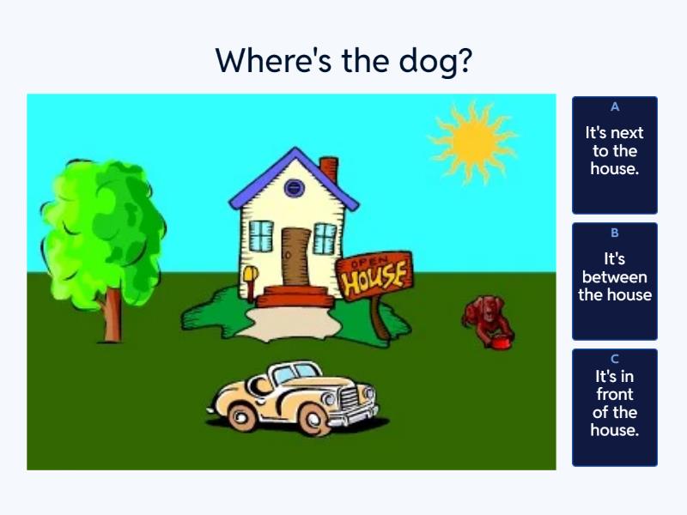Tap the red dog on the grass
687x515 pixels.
pyautogui.click(x=486, y=319)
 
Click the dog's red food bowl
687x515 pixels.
pyautogui.click(x=502, y=342)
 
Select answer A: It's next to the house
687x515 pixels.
pyautogui.click(x=615, y=155)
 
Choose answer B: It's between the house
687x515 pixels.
pyautogui.click(x=615, y=282)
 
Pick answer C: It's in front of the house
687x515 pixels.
pyautogui.click(x=615, y=407)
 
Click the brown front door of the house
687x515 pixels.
pyautogui.click(x=295, y=257)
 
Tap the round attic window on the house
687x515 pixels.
pyautogui.click(x=295, y=188)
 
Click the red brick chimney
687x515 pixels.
pyautogui.click(x=330, y=168)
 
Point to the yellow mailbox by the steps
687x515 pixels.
pyautogui.click(x=251, y=281)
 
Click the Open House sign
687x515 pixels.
pyautogui.click(x=375, y=276)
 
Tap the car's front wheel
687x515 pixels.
pyautogui.click(x=313, y=419)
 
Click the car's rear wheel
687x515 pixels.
pyautogui.click(x=241, y=416)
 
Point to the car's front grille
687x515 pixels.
pyautogui.click(x=350, y=399)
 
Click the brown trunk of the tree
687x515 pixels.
pyautogui.click(x=112, y=314)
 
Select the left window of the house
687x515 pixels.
pyautogui.click(x=261, y=236)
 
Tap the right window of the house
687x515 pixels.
pyautogui.click(x=325, y=239)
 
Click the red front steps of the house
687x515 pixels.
pyautogui.click(x=295, y=297)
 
